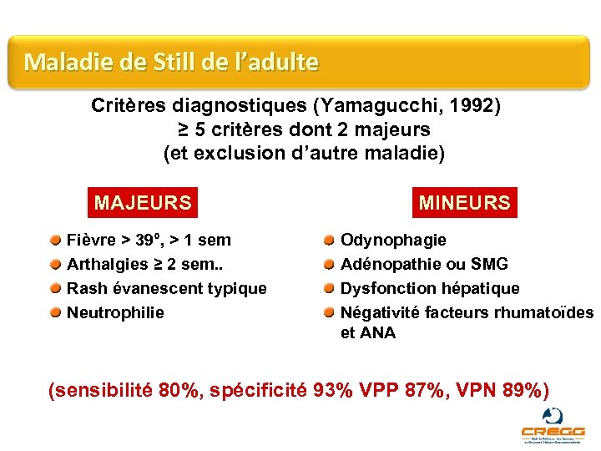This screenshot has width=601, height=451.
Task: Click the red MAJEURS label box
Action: [143, 203]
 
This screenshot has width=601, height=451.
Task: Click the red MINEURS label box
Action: [465, 203]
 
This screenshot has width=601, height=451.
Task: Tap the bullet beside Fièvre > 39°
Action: [54, 241]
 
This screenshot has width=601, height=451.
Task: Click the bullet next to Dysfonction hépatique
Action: [329, 288]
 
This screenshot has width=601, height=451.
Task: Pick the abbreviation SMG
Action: [489, 265]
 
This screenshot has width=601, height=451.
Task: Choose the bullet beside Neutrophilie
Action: [54, 313]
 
